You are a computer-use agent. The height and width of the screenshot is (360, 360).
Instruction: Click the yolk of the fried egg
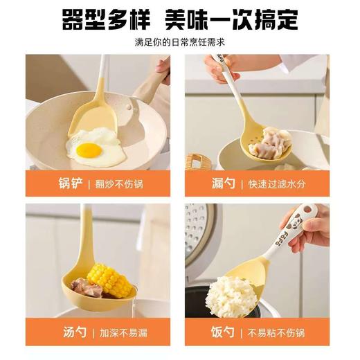pyautogui.click(x=89, y=150)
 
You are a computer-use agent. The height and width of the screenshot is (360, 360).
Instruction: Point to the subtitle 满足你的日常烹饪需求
pyautogui.click(x=180, y=42)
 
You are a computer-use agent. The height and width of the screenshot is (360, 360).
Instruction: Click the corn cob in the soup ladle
pyautogui.click(x=106, y=279)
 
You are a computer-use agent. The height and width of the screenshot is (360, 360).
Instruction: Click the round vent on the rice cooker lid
pyautogui.click(x=197, y=228)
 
